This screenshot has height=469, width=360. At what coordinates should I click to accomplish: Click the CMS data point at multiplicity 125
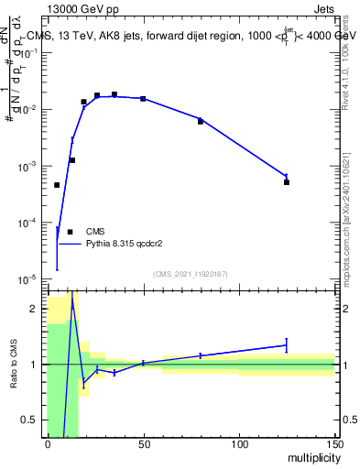click(287, 182)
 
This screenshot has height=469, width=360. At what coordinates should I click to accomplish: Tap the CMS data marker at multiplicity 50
click(143, 98)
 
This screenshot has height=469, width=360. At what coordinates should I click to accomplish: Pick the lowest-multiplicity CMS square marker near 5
click(57, 185)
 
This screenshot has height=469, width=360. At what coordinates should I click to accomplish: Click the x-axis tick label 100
click(239, 445)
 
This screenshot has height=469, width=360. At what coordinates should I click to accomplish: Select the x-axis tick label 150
click(334, 445)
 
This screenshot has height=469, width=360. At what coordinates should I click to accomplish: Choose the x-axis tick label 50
click(144, 445)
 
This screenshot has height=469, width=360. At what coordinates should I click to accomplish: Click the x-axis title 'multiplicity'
click(309, 458)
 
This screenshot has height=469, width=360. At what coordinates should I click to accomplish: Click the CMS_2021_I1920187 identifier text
click(190, 274)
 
